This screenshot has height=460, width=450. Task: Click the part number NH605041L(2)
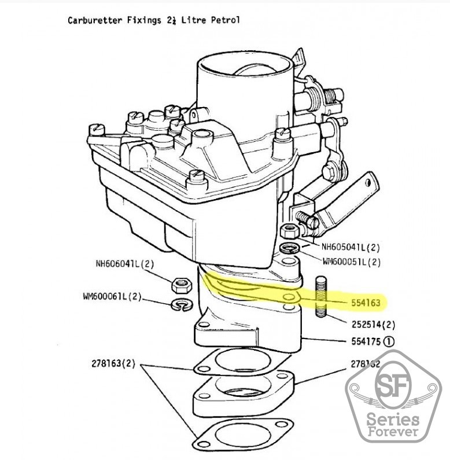pyautogui.click(x=351, y=247)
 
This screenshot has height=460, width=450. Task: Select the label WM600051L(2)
pyautogui.click(x=351, y=262)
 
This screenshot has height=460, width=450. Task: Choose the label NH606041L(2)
pyautogui.click(x=124, y=264)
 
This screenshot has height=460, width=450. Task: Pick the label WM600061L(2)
pyautogui.click(x=112, y=297)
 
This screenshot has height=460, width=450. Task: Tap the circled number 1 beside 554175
pyautogui.click(x=388, y=341)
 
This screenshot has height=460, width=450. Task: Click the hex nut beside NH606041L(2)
pyautogui.click(x=180, y=284)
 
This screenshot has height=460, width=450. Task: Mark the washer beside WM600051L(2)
pyautogui.click(x=288, y=249)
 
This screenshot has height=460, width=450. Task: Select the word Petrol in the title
pyautogui.click(x=226, y=20)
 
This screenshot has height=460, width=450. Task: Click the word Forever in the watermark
pyautogui.click(x=392, y=432)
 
